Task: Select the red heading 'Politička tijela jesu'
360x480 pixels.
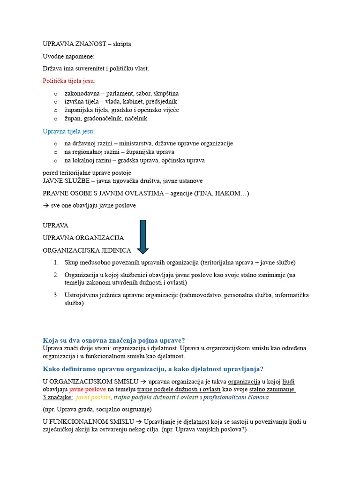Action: click(x=68, y=81)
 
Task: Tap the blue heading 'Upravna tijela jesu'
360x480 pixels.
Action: click(x=68, y=131)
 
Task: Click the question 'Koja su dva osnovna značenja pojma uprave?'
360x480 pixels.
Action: click(x=114, y=340)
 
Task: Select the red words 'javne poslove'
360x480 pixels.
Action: click(x=88, y=389)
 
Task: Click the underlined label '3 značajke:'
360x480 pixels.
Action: click(x=58, y=397)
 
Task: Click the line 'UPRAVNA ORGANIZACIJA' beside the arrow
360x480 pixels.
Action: click(x=83, y=238)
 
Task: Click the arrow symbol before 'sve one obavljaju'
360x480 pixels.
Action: click(x=46, y=205)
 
